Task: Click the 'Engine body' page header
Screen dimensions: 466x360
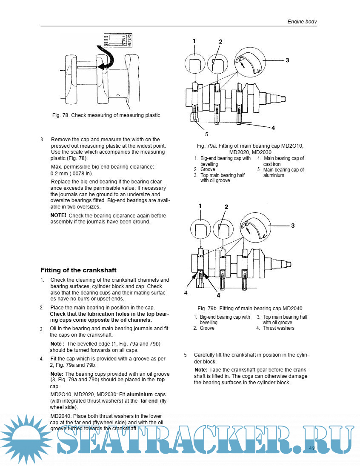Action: point(302,21)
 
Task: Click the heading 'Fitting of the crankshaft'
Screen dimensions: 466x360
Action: point(78,270)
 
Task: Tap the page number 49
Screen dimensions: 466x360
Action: point(311,448)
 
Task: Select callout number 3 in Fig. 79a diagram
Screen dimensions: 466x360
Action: point(287,60)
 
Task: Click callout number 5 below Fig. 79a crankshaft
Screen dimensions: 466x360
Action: point(194,134)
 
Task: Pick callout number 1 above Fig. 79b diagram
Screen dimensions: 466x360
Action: point(199,206)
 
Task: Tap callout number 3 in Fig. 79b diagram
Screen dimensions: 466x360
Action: point(293,226)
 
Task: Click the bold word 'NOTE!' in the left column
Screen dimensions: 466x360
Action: point(58,216)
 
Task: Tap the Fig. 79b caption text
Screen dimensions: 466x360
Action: point(249,308)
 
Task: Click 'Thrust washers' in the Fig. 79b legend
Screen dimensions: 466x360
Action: point(278,328)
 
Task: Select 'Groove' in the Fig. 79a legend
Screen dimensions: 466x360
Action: point(208,169)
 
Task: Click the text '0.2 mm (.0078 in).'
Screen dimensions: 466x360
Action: point(71,174)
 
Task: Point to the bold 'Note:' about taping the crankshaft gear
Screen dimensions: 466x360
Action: point(201,369)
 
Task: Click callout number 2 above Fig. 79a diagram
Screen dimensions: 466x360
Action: point(220,42)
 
